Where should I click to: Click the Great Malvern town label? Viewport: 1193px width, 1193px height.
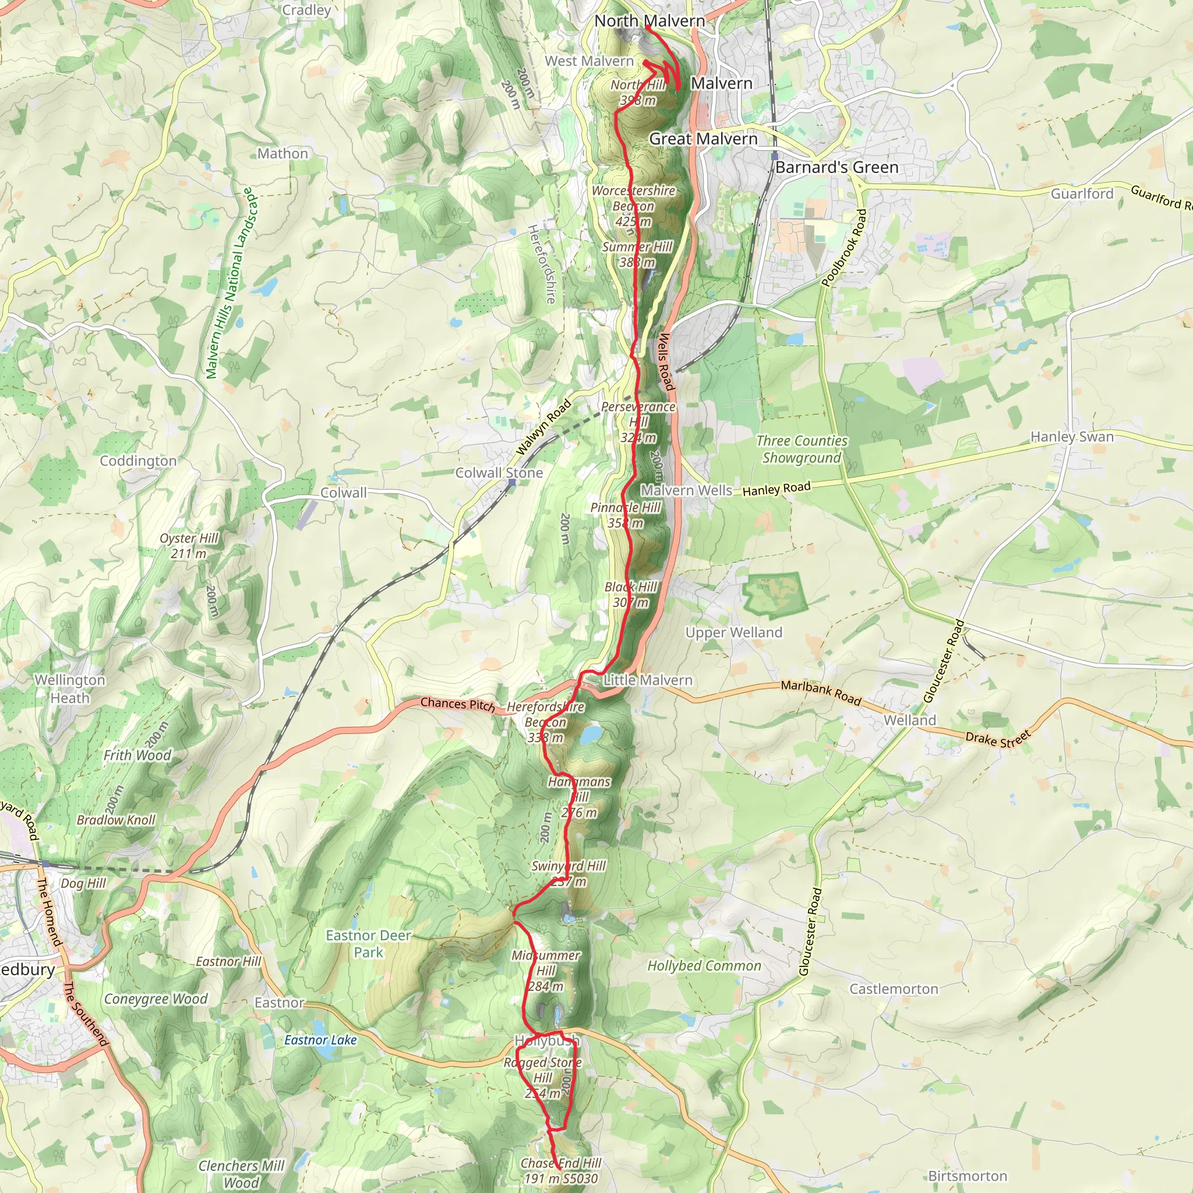tap(703, 139)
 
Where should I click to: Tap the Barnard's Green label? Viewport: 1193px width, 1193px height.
tap(836, 167)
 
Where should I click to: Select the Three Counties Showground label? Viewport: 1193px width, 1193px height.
tap(802, 449)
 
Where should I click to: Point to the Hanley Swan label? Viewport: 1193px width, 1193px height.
tap(1072, 436)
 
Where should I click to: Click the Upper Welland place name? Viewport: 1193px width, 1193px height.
tap(733, 632)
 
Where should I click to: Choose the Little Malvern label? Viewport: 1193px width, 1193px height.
tap(647, 680)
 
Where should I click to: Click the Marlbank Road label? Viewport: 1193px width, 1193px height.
tap(821, 692)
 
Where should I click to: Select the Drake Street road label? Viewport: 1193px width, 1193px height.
tap(998, 739)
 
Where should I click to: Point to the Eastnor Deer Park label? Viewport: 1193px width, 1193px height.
tap(369, 944)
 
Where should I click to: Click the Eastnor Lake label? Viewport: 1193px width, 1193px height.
tap(320, 1040)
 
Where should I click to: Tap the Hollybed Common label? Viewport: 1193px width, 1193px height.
tap(704, 966)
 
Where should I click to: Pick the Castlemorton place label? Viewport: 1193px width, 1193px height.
tap(894, 989)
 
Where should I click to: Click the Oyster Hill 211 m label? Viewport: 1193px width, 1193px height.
tap(189, 545)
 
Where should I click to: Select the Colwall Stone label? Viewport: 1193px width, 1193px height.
tap(499, 473)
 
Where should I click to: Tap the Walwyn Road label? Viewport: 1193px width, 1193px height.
tap(543, 428)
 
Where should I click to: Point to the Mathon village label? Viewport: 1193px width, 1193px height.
tap(283, 153)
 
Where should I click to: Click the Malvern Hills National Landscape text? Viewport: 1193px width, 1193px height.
tap(230, 283)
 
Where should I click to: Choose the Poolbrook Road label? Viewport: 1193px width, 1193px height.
tap(844, 248)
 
